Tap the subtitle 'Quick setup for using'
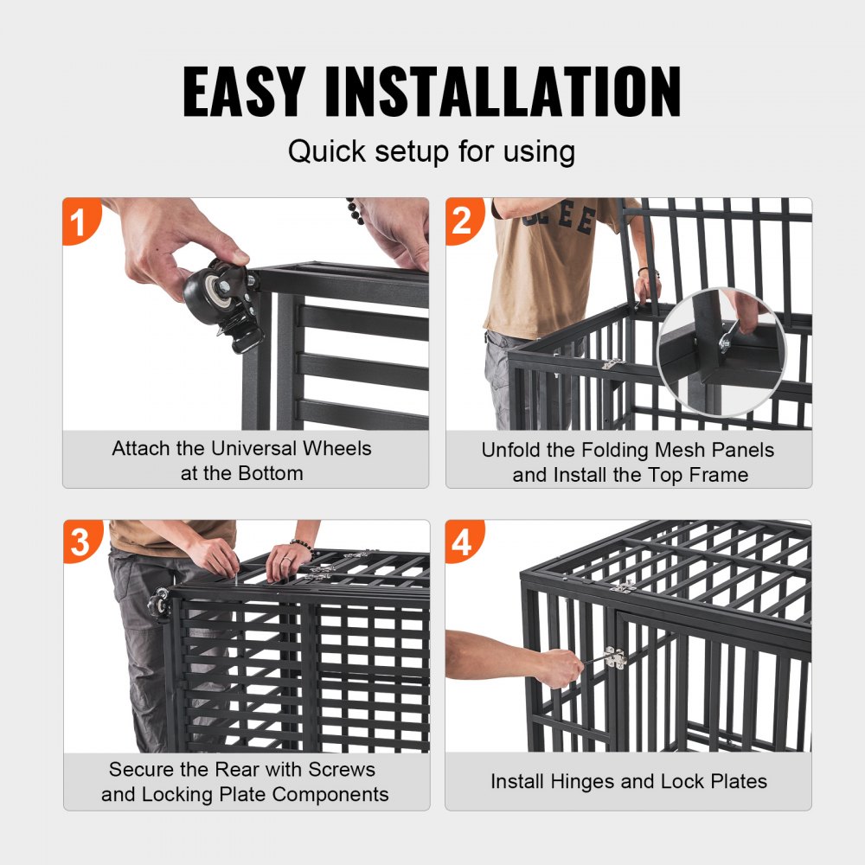(x=432, y=151)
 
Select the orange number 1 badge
(x=79, y=221)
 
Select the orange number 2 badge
(x=462, y=221)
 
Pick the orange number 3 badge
(x=80, y=542)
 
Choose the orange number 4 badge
(x=462, y=542)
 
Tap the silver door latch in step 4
(x=615, y=658)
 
